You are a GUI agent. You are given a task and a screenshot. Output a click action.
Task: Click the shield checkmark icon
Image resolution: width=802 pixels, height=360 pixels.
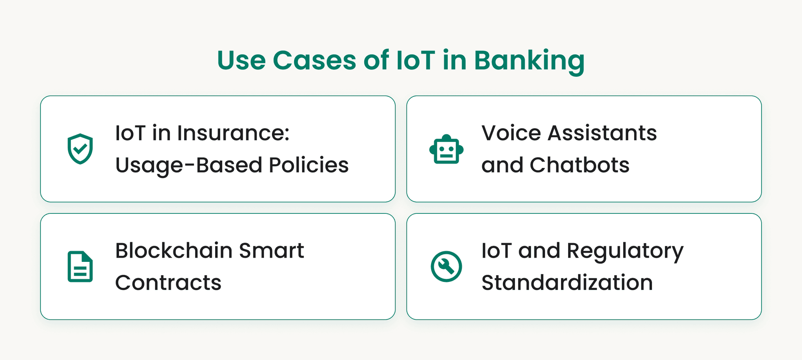pos(80,149)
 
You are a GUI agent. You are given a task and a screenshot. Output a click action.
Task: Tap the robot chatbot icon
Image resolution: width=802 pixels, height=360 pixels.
pos(446,150)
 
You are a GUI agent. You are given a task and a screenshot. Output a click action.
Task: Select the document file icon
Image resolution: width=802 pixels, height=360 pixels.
pos(80,266)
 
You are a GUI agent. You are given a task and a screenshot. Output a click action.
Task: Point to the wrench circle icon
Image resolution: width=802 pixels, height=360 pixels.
pos(446,266)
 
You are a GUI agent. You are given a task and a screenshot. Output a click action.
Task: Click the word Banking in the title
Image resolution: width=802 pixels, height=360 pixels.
pos(529,61)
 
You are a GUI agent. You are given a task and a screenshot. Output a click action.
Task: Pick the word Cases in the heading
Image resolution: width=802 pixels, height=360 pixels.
pos(314,60)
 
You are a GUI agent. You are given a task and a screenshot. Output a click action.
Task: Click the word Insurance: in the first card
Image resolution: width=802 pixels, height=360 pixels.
pos(233,133)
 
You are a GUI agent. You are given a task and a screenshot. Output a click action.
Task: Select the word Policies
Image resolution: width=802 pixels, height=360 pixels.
pos(308,165)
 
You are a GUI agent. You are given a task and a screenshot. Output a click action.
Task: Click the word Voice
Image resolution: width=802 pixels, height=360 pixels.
pos(511,133)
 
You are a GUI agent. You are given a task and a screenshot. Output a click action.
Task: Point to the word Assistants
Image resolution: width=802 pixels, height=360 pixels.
pos(602,133)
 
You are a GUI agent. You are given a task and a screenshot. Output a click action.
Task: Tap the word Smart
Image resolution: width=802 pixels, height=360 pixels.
pos(271,251)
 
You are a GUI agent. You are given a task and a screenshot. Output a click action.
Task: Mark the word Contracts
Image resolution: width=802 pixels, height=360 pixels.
pos(168,283)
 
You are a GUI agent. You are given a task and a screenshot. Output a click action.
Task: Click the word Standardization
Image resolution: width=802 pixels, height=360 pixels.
pos(567,283)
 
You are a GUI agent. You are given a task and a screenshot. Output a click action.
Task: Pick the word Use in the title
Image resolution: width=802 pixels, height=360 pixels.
pos(241,60)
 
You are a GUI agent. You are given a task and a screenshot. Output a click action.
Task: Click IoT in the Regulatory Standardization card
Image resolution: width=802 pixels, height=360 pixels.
pos(496,251)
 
